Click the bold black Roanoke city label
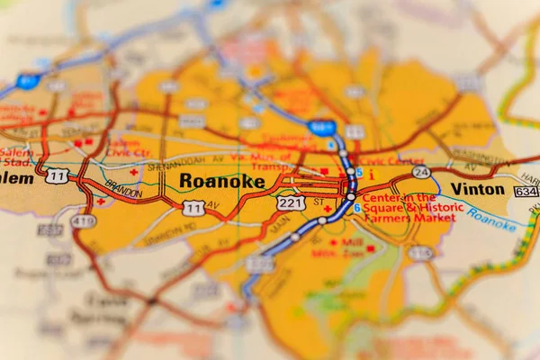pyautogui.click(x=222, y=182)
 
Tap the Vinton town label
pyautogui.click(x=478, y=189)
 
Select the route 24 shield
pyautogui.click(x=420, y=171)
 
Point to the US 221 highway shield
pyautogui.click(x=290, y=203)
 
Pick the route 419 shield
pyautogui.click(x=84, y=220)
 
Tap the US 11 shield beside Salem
pyautogui.click(x=58, y=175)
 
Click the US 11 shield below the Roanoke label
pyautogui.click(x=193, y=208)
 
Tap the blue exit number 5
pyautogui.click(x=359, y=173)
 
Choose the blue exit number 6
pyautogui.click(x=357, y=208)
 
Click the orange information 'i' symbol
pyautogui.click(x=372, y=175)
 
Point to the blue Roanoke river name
pyautogui.click(x=491, y=221)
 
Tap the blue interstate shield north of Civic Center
pyautogui.click(x=320, y=127)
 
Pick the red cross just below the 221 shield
pyautogui.click(x=328, y=210)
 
